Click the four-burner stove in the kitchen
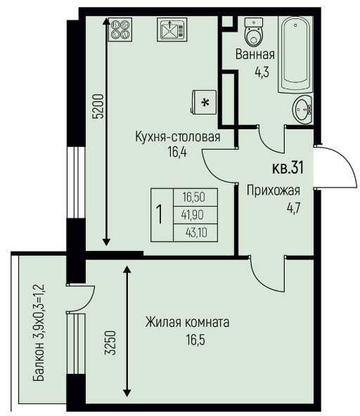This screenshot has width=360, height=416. [120, 30]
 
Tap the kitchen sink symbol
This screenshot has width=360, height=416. [172, 30]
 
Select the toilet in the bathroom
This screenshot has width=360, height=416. [254, 32]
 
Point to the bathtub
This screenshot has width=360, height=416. [295, 54]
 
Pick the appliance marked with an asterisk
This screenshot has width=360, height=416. [204, 103]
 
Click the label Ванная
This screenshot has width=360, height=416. [255, 54]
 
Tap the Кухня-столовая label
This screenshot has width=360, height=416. [178, 137]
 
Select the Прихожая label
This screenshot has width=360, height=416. [274, 190]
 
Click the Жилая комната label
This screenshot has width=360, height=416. [187, 323]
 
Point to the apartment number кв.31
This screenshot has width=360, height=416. [288, 168]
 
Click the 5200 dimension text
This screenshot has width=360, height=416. [98, 106]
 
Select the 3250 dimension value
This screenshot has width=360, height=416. [110, 342]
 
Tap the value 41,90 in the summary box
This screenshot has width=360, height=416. [193, 215]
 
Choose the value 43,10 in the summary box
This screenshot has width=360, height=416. [196, 233]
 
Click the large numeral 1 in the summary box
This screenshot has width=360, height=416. [160, 215]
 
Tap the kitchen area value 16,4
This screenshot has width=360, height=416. [177, 152]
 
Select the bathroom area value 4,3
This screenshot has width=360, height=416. [262, 72]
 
